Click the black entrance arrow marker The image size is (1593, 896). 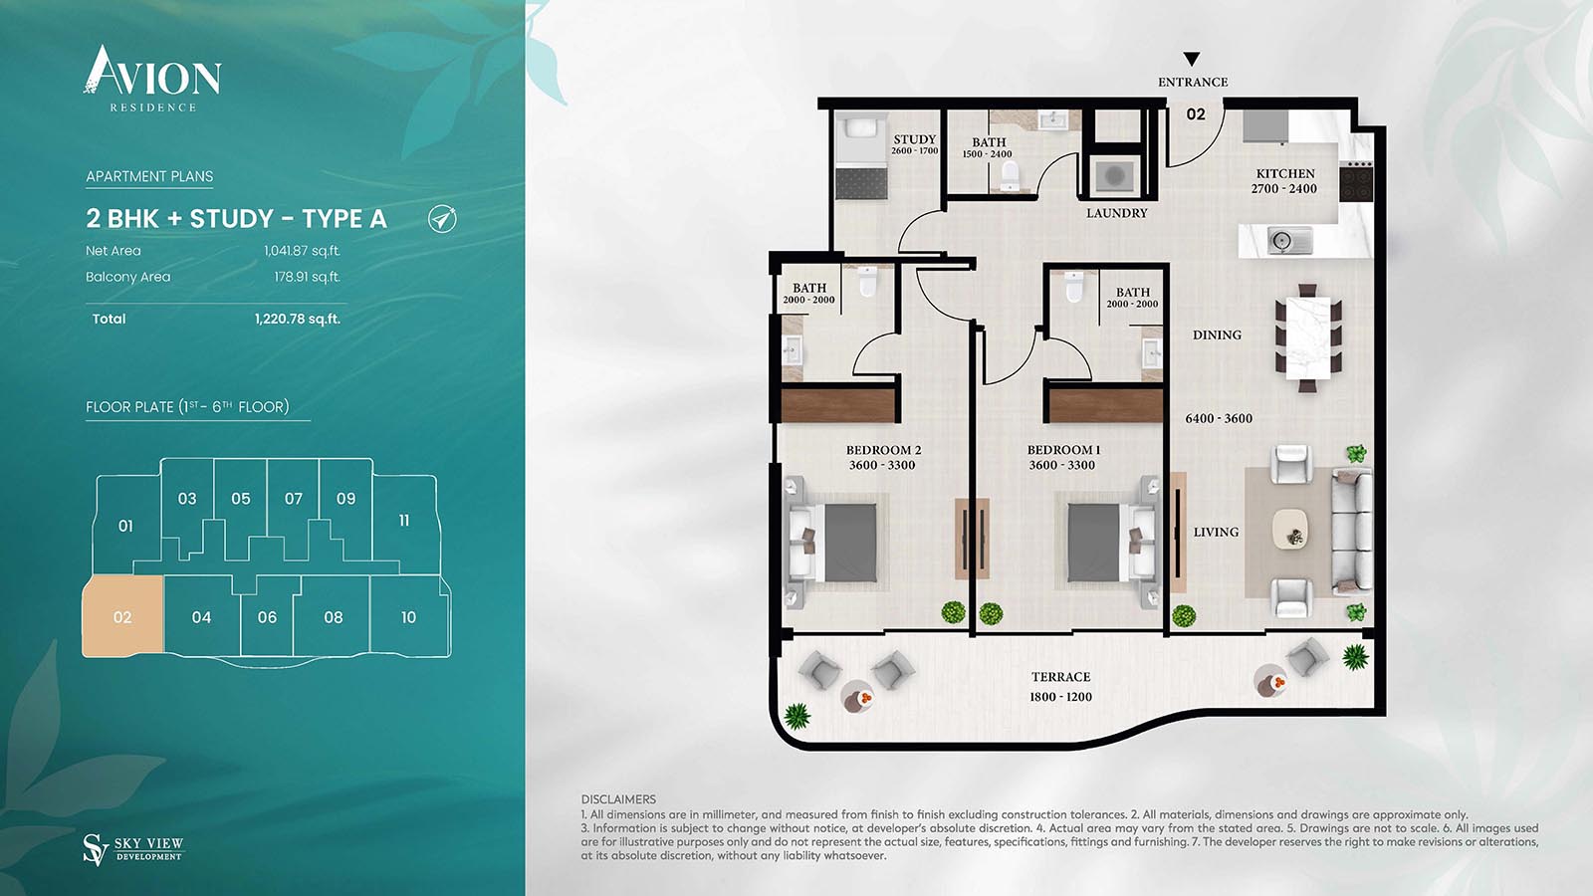point(1192,59)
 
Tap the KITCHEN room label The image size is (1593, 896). point(1285,173)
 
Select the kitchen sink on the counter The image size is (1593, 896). point(1288,242)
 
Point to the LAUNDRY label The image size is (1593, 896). point(1116,213)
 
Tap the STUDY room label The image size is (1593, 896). point(915,139)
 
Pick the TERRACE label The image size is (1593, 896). point(1061,677)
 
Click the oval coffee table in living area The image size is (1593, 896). point(1290,529)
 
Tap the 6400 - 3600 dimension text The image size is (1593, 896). point(1219,419)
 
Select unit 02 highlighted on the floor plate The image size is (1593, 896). point(122,616)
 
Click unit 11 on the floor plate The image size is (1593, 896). point(404,521)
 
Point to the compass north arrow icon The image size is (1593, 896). point(442,218)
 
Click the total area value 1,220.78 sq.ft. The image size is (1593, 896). point(298,319)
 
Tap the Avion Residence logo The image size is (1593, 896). point(152,79)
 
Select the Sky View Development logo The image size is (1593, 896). point(133,850)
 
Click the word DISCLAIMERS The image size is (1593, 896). point(618,799)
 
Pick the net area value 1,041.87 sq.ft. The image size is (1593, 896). point(303,250)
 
